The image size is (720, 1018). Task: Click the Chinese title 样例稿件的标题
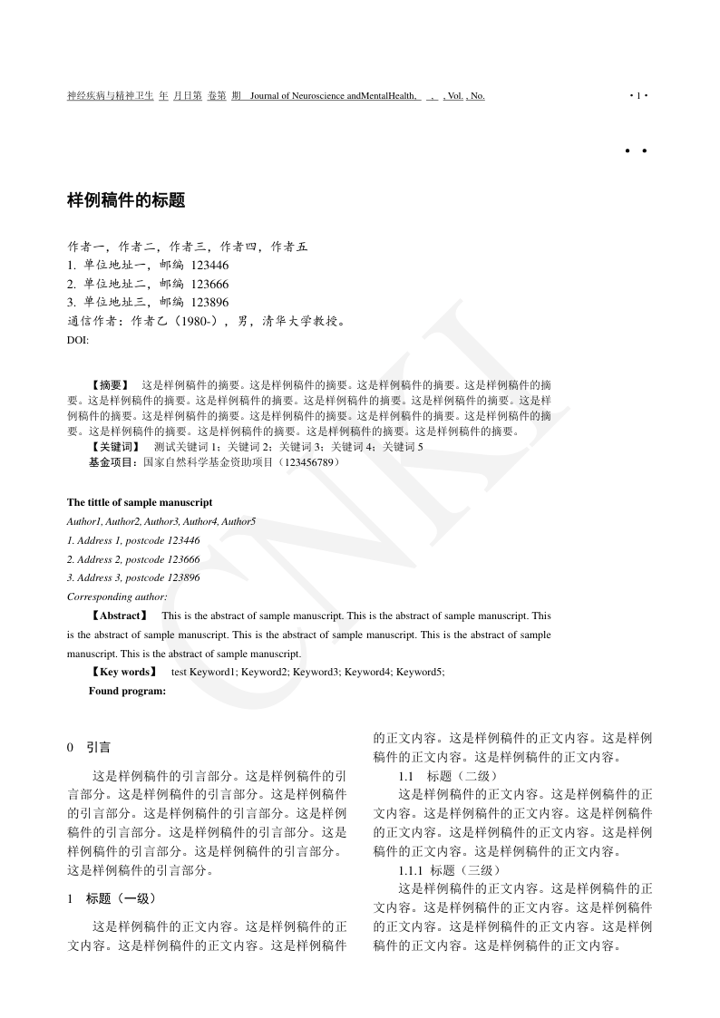[126, 201]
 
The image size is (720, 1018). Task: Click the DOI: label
[78, 339]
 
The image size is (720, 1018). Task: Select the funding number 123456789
[310, 462]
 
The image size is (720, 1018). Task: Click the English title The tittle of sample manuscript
[140, 502]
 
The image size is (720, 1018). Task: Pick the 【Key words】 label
[122, 673]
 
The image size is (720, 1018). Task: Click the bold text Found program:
[127, 692]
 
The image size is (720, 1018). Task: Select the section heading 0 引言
[89, 748]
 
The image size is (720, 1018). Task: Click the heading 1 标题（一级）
[112, 898]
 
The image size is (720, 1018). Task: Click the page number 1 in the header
[638, 96]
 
